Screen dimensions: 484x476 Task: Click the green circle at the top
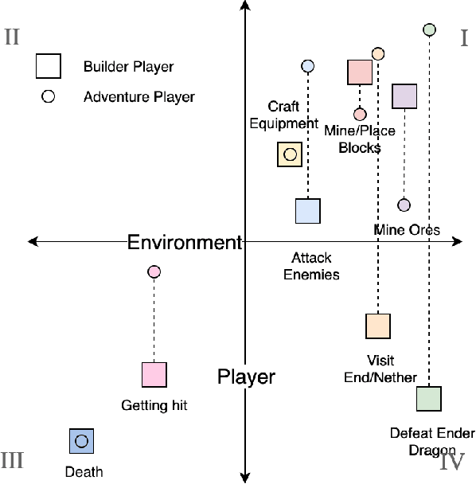click(429, 29)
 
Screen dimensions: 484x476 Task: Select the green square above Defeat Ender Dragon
click(429, 398)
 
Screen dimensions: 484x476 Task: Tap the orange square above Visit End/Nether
click(378, 326)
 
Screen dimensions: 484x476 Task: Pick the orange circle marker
click(378, 53)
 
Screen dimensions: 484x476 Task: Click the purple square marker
click(404, 96)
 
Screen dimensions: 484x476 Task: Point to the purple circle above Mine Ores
click(404, 205)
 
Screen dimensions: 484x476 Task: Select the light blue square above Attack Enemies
click(308, 211)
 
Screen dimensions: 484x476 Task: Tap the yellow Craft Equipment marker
click(290, 154)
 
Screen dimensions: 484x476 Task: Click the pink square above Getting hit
click(154, 374)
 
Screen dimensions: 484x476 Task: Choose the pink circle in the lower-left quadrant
click(154, 272)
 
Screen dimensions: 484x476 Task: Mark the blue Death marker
click(81, 440)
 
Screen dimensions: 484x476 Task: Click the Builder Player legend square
click(48, 66)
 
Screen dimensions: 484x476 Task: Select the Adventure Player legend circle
click(48, 97)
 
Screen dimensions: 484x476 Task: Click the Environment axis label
click(184, 242)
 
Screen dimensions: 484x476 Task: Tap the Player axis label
click(246, 377)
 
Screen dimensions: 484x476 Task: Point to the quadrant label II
click(12, 37)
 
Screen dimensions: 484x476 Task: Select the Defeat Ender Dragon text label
click(432, 442)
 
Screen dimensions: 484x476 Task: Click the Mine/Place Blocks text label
click(360, 139)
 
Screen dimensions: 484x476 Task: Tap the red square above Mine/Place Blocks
click(360, 72)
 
